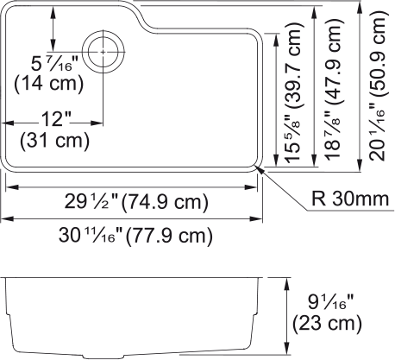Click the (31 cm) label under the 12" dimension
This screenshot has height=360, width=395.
coord(52,139)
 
